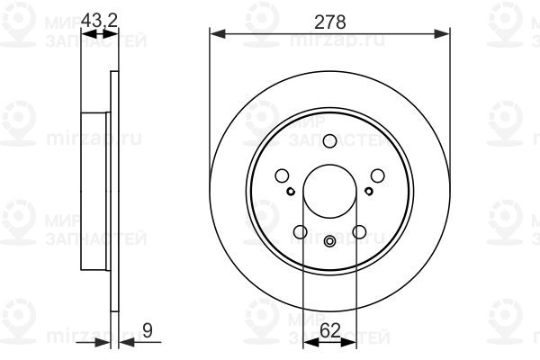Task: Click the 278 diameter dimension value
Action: point(330,22)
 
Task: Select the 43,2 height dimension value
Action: point(99,21)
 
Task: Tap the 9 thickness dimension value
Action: point(147,330)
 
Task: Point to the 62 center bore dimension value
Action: point(330,330)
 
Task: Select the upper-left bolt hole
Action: point(282,175)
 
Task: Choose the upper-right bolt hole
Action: point(377,175)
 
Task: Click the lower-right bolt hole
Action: point(359,232)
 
